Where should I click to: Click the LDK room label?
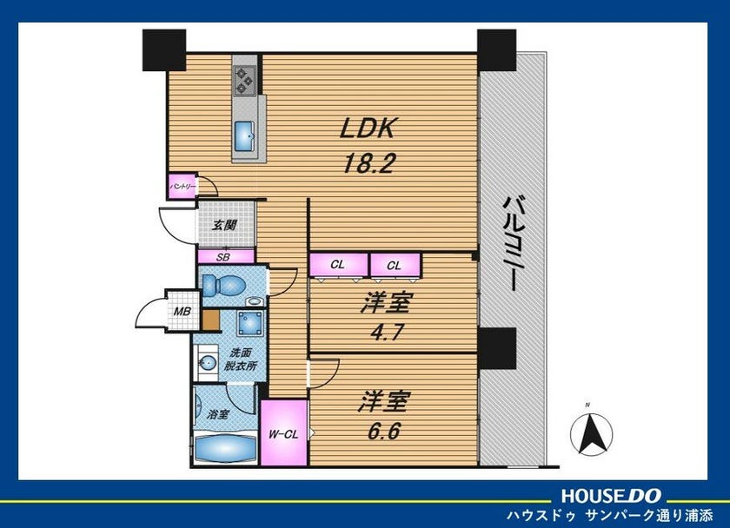[x=368, y=128]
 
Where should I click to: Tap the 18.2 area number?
[x=368, y=163]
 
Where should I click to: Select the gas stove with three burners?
[x=245, y=81]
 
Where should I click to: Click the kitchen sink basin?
[x=244, y=136]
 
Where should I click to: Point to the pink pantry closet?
[x=182, y=187]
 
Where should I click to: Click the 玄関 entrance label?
[x=225, y=225]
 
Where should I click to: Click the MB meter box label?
[x=182, y=311]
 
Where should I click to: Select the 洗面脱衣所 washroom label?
[x=240, y=360]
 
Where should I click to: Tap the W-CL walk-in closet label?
[x=283, y=434]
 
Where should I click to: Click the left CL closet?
[x=339, y=265]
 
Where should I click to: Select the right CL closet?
[x=395, y=266]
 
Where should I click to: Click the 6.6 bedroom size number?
[x=384, y=432]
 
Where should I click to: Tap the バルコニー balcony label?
[x=513, y=243]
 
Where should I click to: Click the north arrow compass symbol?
[x=591, y=432]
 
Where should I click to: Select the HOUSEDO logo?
[x=611, y=496]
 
